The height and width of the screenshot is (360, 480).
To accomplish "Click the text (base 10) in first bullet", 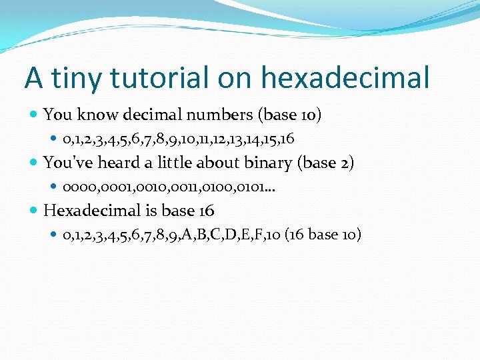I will [289, 115].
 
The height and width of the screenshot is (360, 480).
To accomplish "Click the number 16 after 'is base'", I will [206, 211].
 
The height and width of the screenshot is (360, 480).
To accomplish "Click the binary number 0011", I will [186, 187].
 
